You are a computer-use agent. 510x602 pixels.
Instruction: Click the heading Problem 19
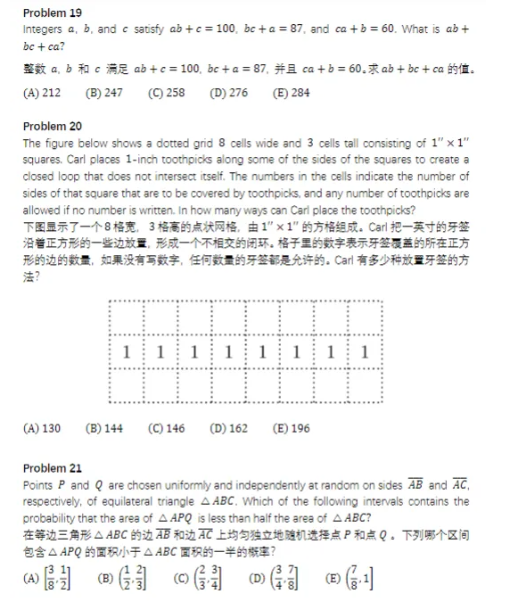click(x=52, y=13)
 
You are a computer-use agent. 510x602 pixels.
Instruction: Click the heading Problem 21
click(x=52, y=468)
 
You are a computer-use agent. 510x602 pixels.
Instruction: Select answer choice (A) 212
click(x=42, y=93)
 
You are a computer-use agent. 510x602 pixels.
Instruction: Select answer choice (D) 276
click(x=228, y=93)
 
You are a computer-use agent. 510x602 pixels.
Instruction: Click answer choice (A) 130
click(x=42, y=428)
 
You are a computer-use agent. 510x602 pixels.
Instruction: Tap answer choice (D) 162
click(x=228, y=428)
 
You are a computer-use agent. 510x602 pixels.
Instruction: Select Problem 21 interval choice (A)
click(x=47, y=577)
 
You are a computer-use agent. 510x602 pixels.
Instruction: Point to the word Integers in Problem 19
click(x=42, y=29)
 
